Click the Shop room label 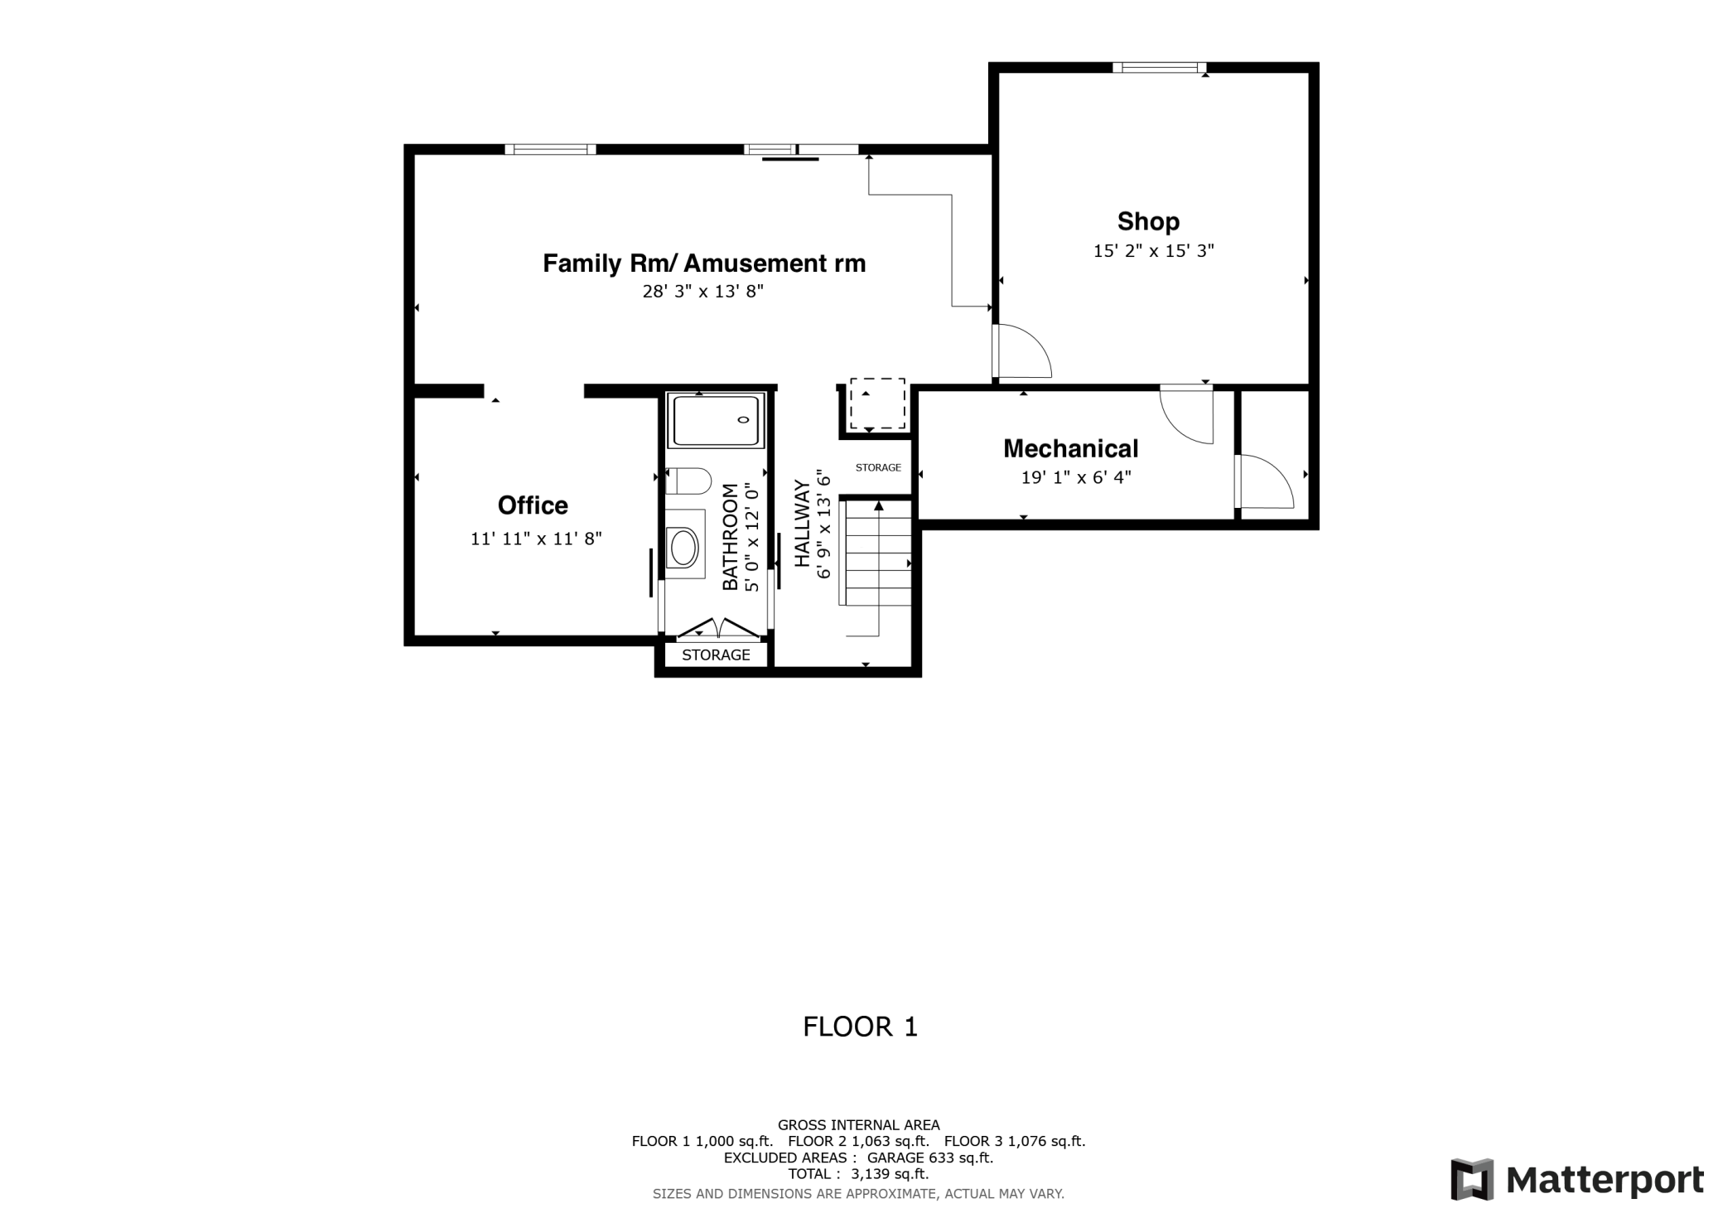(1147, 221)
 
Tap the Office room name (533, 505)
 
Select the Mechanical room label (1070, 448)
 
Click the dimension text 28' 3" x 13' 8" (702, 292)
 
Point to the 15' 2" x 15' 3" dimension (1153, 250)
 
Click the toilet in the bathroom (689, 481)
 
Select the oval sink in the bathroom (684, 547)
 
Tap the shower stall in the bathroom (716, 421)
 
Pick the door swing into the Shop (1021, 352)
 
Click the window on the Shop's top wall (1158, 68)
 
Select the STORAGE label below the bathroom (716, 655)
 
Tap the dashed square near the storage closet (877, 404)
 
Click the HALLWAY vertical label (802, 524)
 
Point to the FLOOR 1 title (860, 1027)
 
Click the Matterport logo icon (1472, 1179)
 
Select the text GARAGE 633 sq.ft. (929, 1158)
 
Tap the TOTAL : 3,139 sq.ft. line (858, 1174)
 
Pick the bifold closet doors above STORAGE (717, 629)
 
